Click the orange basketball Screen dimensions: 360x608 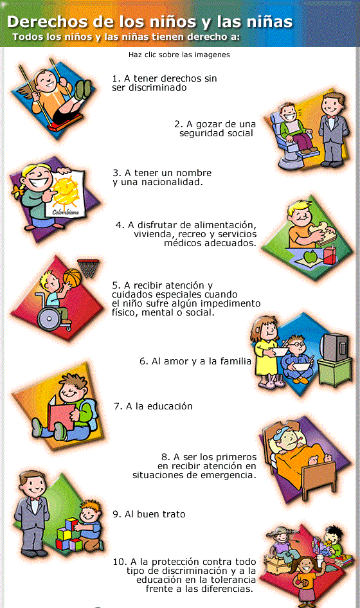[71, 277]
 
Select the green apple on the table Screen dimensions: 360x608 [310, 256]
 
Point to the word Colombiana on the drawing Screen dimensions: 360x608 [65, 213]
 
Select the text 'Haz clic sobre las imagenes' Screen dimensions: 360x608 [179, 55]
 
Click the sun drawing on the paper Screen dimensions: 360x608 [67, 191]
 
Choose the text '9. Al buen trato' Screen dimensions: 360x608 [149, 514]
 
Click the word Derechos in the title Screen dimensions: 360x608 [48, 21]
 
